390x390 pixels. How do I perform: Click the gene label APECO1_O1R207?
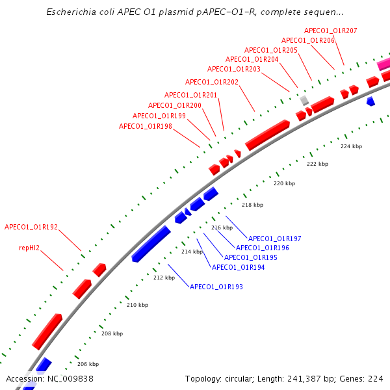pos(331,31)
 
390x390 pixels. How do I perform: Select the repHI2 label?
pos(29,248)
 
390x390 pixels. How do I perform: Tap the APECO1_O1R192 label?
pos(31,227)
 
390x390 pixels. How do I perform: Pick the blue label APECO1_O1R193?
pos(216,287)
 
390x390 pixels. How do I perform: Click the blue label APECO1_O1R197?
pos(274,239)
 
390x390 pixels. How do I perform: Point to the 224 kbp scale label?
pos(351,146)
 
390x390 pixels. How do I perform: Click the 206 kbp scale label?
pos(88,364)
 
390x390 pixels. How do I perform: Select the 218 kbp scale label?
pos(252,205)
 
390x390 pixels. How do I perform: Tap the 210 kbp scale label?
pos(138,305)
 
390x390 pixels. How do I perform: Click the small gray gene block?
pos(304,101)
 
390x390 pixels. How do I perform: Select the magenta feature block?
pos(383,64)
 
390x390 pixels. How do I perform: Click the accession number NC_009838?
pos(70,379)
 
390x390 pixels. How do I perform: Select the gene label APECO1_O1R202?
pos(212,82)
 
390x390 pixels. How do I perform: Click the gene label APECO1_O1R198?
pos(146,126)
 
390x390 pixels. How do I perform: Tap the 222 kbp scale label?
pos(317,164)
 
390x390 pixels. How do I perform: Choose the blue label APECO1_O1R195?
pos(251,257)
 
